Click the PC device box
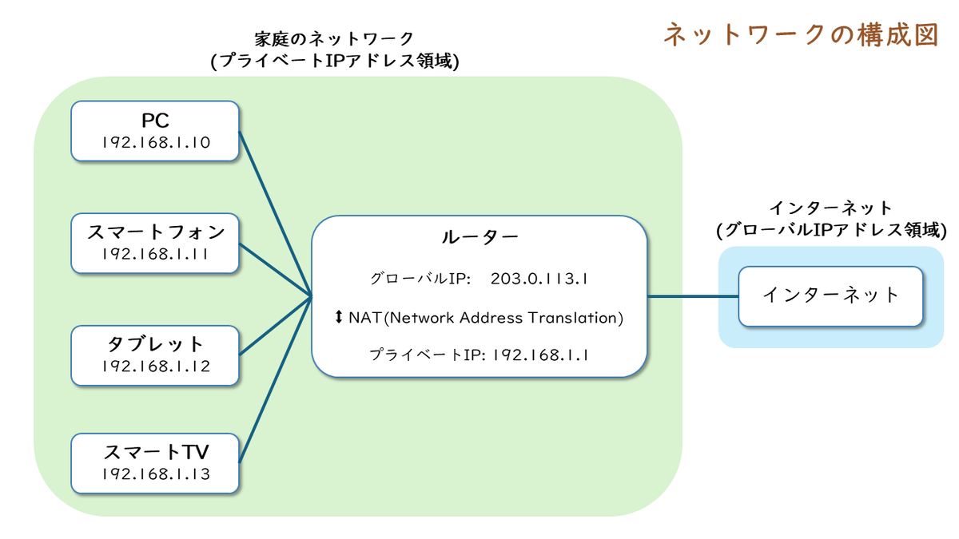[155, 131]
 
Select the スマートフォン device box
[155, 243]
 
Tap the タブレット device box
[155, 355]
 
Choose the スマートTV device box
[155, 463]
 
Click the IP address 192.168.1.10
[156, 142]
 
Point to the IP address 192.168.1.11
[155, 254]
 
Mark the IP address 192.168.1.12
[156, 367]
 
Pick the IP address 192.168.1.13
[156, 474]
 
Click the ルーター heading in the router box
[479, 236]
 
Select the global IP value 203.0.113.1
[539, 279]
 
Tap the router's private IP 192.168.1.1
[540, 355]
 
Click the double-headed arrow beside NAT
[339, 317]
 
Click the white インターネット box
[830, 296]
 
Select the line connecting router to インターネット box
[693, 295]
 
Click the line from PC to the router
[275, 213]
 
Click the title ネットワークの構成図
[802, 35]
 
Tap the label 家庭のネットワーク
[334, 39]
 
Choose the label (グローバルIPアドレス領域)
[831, 230]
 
